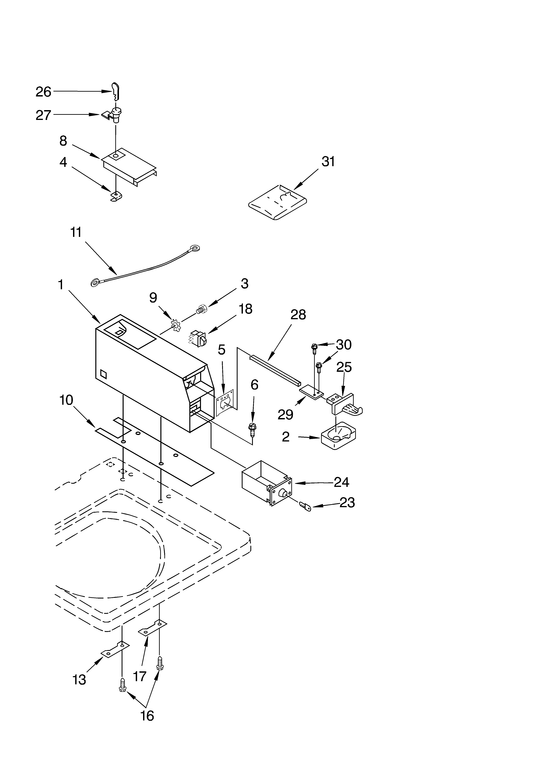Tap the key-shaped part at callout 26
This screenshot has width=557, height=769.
[x=116, y=91]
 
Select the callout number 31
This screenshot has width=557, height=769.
[x=328, y=162]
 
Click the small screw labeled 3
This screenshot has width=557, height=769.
[x=201, y=309]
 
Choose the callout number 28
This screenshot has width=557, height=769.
[x=298, y=315]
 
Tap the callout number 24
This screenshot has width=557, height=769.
[x=341, y=482]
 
